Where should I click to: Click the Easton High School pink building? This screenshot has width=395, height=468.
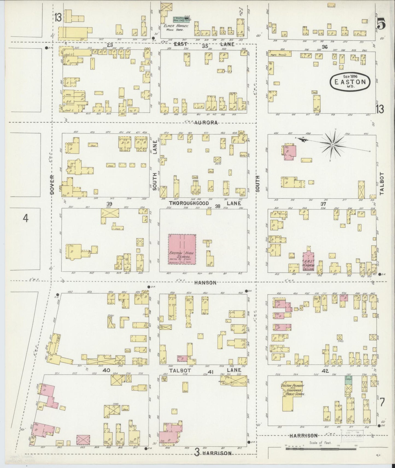click(x=182, y=249)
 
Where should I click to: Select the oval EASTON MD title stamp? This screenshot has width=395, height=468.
click(x=350, y=81)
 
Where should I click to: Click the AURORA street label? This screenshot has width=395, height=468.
click(x=206, y=123)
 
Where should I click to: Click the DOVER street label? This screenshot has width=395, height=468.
click(x=52, y=185)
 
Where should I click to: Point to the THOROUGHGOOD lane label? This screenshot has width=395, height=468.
click(x=189, y=203)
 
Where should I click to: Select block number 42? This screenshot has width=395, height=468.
click(x=325, y=371)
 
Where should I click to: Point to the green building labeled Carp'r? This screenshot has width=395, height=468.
click(x=348, y=380)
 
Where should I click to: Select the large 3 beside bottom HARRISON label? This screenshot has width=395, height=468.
click(x=197, y=453)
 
